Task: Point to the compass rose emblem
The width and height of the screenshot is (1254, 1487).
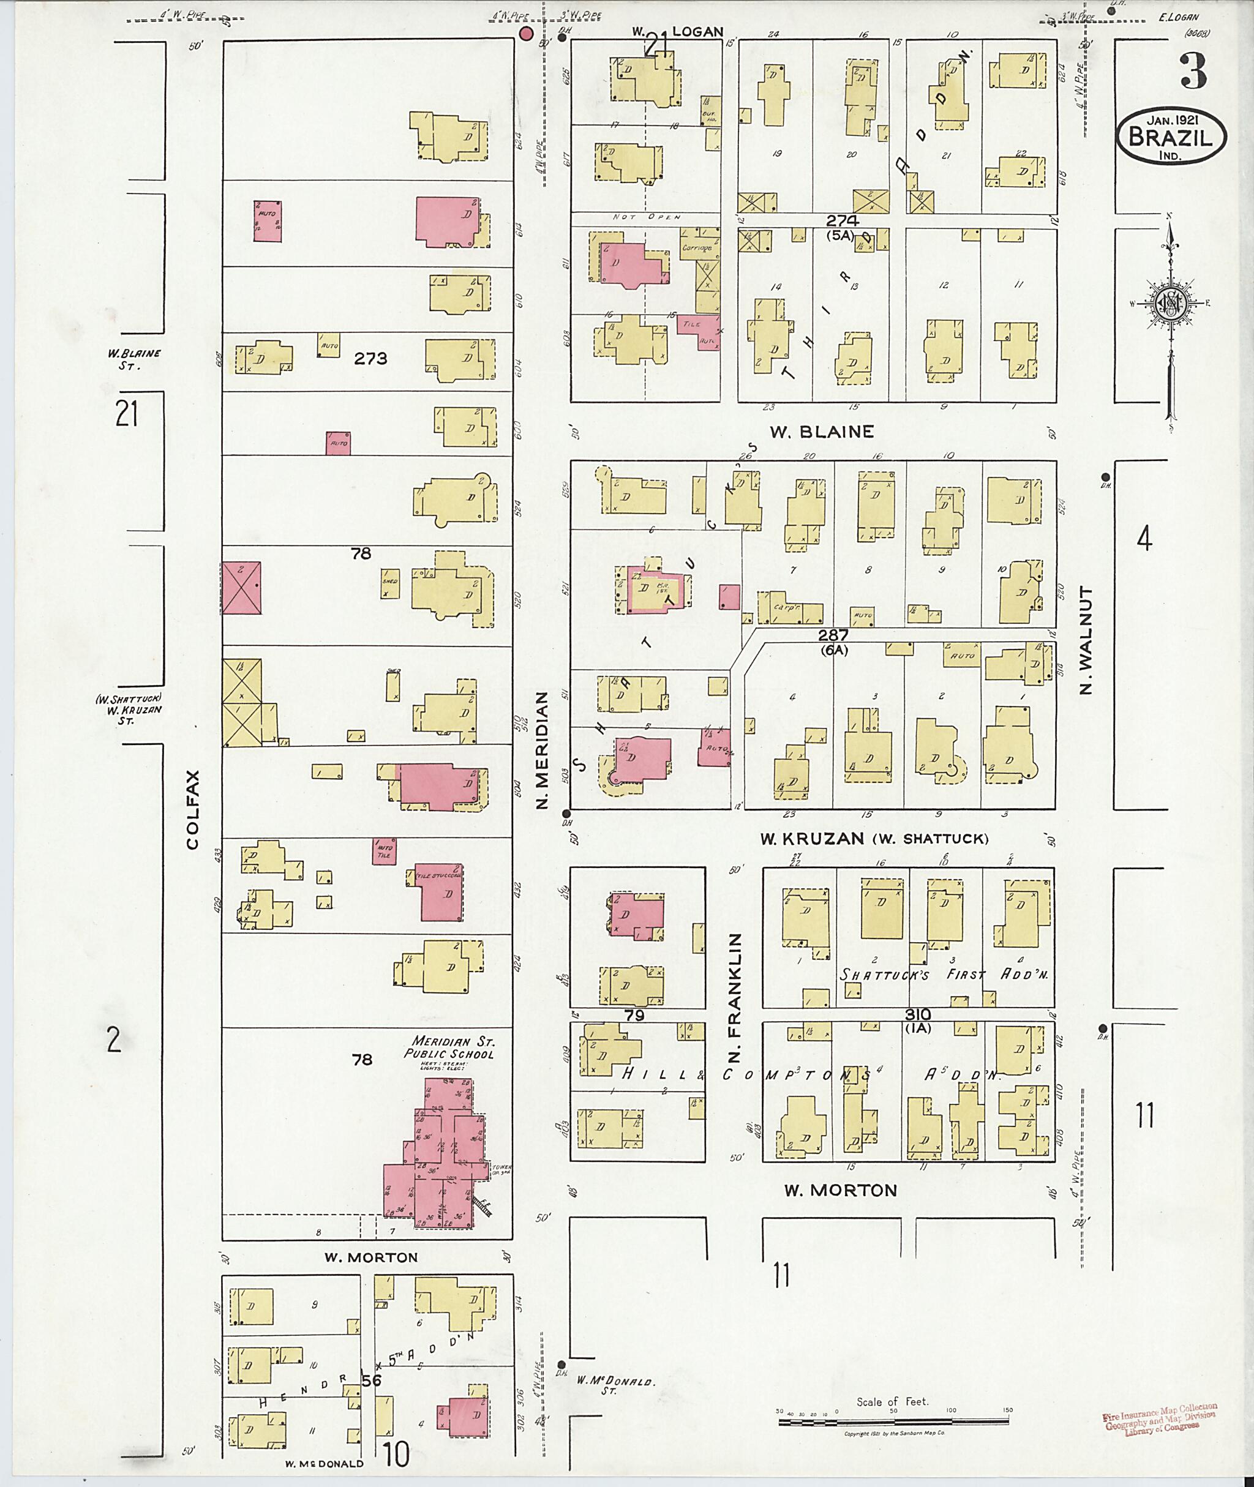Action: point(1170,305)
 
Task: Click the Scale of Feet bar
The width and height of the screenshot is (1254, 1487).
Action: point(895,1422)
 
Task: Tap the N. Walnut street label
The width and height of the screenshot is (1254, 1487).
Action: point(1086,640)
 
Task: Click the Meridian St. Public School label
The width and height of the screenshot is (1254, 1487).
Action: point(449,1047)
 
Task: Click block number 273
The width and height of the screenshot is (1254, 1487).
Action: point(370,358)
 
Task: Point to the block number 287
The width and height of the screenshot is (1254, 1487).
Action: point(833,635)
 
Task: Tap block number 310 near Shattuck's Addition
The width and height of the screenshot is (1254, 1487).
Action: point(918,1014)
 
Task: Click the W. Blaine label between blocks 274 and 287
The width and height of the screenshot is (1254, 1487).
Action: point(822,432)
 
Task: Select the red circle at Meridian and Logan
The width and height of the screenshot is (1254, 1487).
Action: point(526,34)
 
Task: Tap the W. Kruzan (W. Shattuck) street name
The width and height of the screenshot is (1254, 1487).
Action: point(874,839)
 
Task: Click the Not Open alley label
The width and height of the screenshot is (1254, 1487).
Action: point(648,217)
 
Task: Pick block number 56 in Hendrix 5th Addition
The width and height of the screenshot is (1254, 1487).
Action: point(371,1380)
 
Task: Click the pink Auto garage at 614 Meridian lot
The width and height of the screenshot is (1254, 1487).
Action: point(268,221)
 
